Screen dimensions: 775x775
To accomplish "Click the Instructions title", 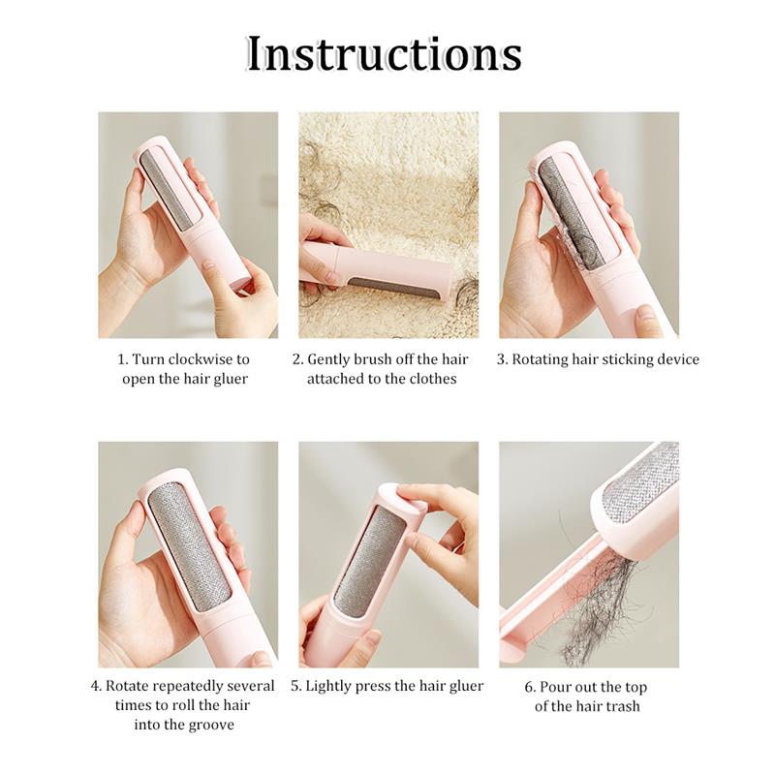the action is tap(385, 54).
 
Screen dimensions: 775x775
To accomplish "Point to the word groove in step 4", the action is tap(209, 726).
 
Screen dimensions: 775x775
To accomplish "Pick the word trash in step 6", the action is tap(621, 706).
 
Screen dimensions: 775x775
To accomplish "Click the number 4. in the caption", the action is tap(96, 686).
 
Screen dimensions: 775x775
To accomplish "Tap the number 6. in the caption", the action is tap(530, 687).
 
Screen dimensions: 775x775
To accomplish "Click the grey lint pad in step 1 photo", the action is tap(169, 191).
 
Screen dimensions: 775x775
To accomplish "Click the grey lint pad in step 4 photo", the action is tap(190, 546).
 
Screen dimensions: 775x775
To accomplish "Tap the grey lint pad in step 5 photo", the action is tap(372, 561).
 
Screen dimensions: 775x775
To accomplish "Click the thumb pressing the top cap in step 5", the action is tap(415, 496).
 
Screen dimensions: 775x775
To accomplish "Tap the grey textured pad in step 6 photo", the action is tap(642, 481).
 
